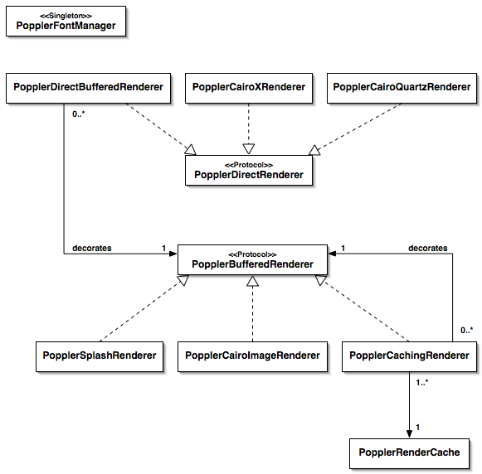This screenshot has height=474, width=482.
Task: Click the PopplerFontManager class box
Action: tap(66, 22)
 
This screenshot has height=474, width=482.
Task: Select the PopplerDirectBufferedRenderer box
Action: tap(88, 88)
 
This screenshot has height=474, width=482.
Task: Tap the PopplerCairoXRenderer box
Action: tap(249, 88)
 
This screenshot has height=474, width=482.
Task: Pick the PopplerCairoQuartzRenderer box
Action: tap(402, 88)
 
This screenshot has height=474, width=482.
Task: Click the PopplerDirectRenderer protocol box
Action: tap(249, 171)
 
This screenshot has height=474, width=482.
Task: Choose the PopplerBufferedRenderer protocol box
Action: tap(252, 259)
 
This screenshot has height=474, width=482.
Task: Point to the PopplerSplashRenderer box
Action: tap(100, 356)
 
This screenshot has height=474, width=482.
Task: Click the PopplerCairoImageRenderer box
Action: tap(252, 356)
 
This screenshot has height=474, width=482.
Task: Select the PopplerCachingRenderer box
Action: tap(409, 356)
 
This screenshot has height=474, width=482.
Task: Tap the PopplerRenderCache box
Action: tap(409, 454)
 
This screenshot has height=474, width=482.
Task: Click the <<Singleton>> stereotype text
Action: tap(66, 16)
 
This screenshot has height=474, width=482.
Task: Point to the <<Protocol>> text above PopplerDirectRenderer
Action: tap(249, 165)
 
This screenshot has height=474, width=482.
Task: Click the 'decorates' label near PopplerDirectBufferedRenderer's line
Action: tap(92, 248)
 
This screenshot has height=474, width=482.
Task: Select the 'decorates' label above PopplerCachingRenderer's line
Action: tap(428, 248)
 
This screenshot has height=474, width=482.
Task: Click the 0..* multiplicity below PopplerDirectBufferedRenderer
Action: tap(78, 114)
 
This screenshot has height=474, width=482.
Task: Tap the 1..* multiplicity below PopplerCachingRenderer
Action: tap(422, 383)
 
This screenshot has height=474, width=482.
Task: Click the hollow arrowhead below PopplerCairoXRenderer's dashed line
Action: tap(249, 149)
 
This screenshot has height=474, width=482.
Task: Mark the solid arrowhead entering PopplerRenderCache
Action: tap(409, 433)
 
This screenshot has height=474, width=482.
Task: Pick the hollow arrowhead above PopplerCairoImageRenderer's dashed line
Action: tap(252, 281)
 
